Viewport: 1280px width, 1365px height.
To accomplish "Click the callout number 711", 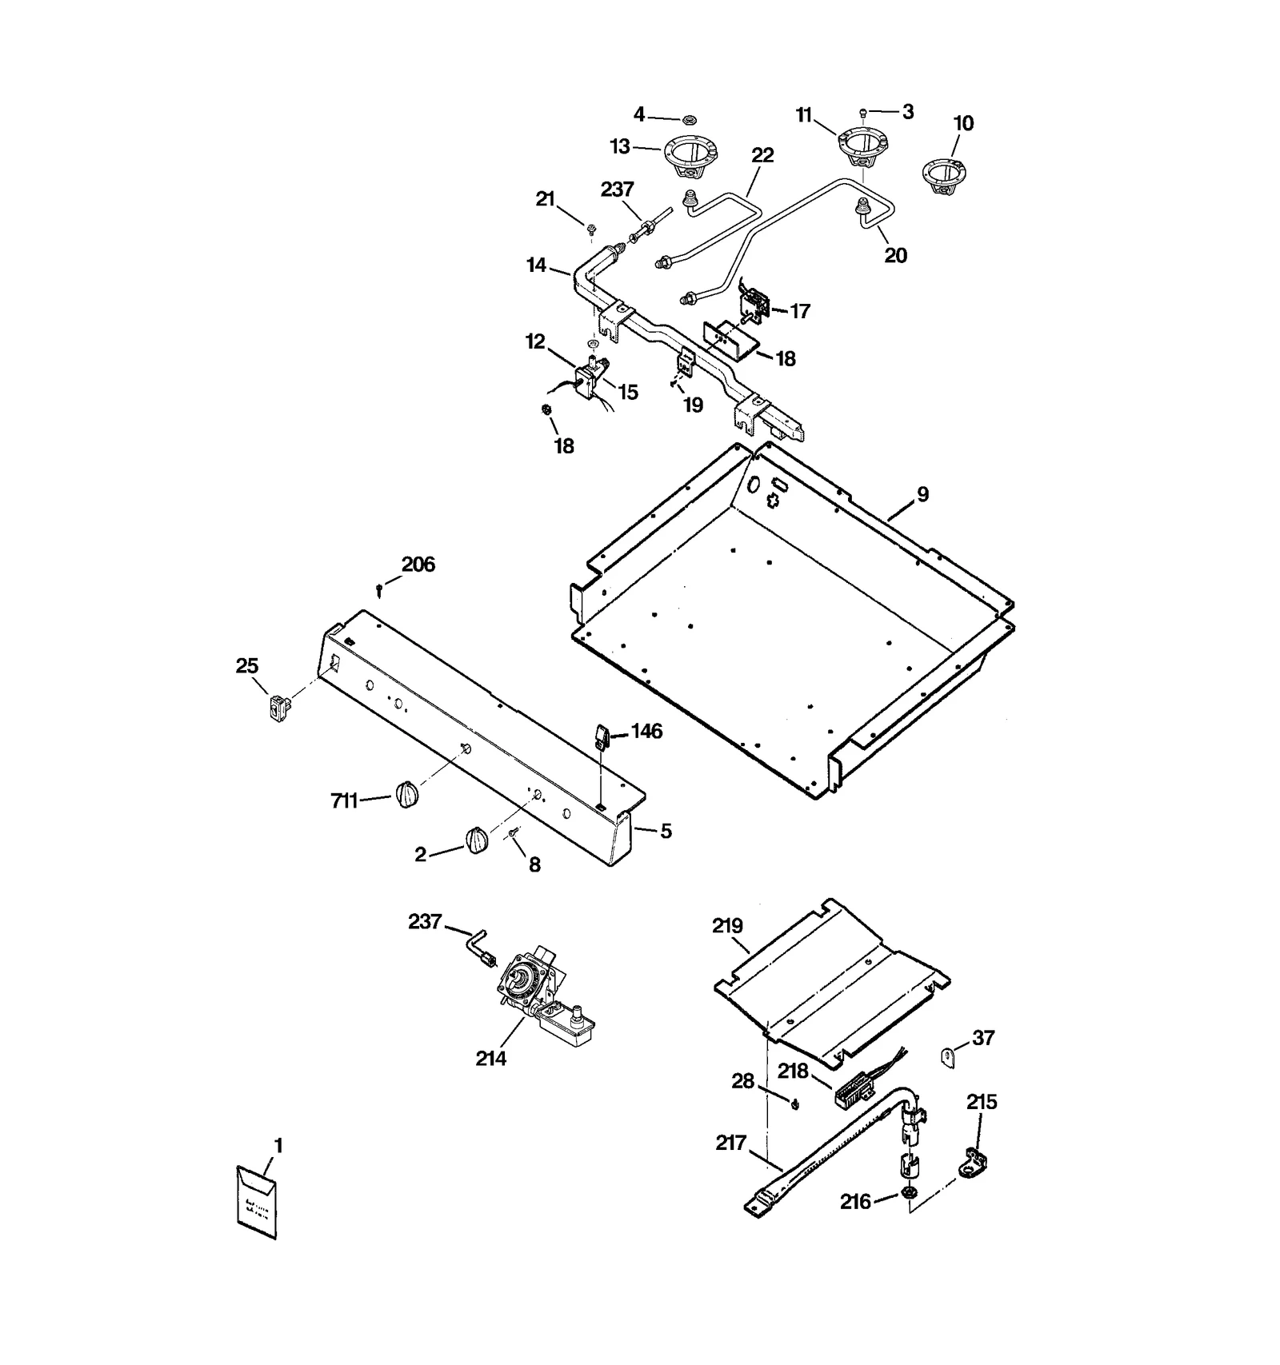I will [x=344, y=800].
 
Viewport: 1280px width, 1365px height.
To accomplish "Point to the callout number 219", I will [x=727, y=926].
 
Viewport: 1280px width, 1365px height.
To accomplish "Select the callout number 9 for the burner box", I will [x=922, y=495].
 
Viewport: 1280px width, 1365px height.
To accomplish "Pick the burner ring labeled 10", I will [x=944, y=178].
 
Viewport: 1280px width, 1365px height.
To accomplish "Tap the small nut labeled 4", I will [x=687, y=120].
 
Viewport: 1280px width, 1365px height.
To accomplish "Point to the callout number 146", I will [x=647, y=731].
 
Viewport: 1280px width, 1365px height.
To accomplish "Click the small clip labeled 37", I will [x=947, y=1057].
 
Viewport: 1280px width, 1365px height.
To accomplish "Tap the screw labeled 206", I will [x=379, y=590].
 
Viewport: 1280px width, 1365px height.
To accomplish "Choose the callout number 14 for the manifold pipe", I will [x=536, y=265].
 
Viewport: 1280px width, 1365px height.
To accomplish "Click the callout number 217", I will [x=731, y=1143].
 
